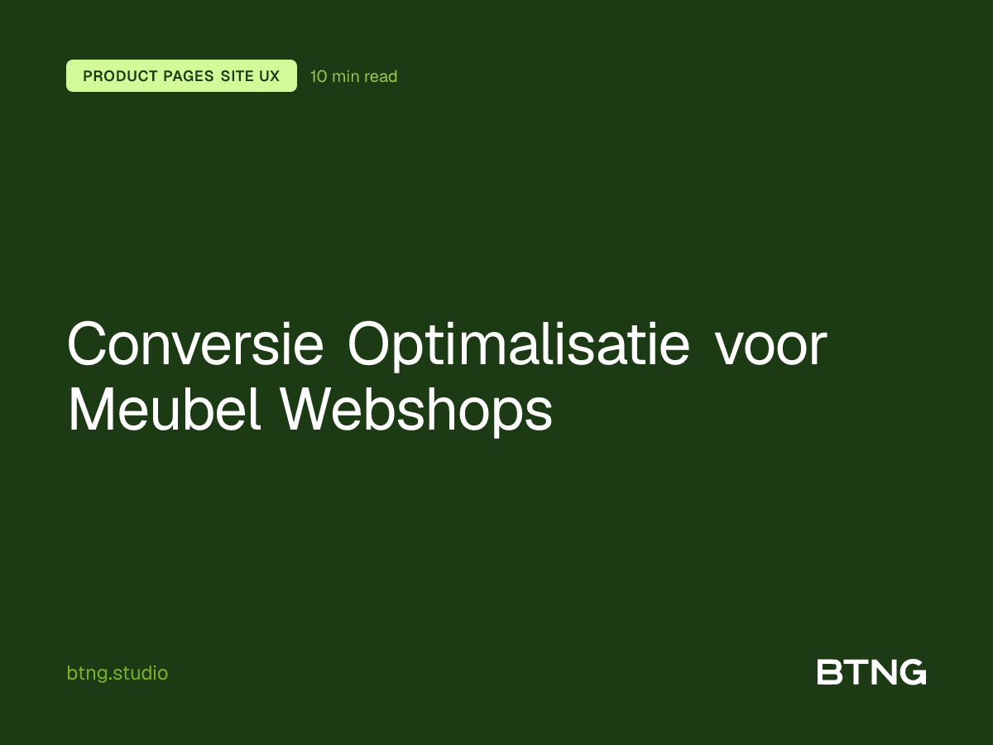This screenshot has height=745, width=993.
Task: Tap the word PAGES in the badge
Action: (x=189, y=76)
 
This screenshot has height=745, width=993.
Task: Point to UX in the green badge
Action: (x=270, y=76)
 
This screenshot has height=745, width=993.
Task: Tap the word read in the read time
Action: (x=381, y=76)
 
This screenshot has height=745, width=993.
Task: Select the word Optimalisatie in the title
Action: (x=518, y=345)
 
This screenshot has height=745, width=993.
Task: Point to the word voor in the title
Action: (x=771, y=345)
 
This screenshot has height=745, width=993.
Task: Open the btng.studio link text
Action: (x=117, y=673)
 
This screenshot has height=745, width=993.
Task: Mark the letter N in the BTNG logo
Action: (x=883, y=672)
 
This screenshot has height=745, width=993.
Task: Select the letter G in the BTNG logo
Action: (x=913, y=672)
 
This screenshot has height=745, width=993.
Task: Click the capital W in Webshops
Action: (x=313, y=409)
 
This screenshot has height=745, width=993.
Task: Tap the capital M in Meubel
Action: (x=90, y=409)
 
